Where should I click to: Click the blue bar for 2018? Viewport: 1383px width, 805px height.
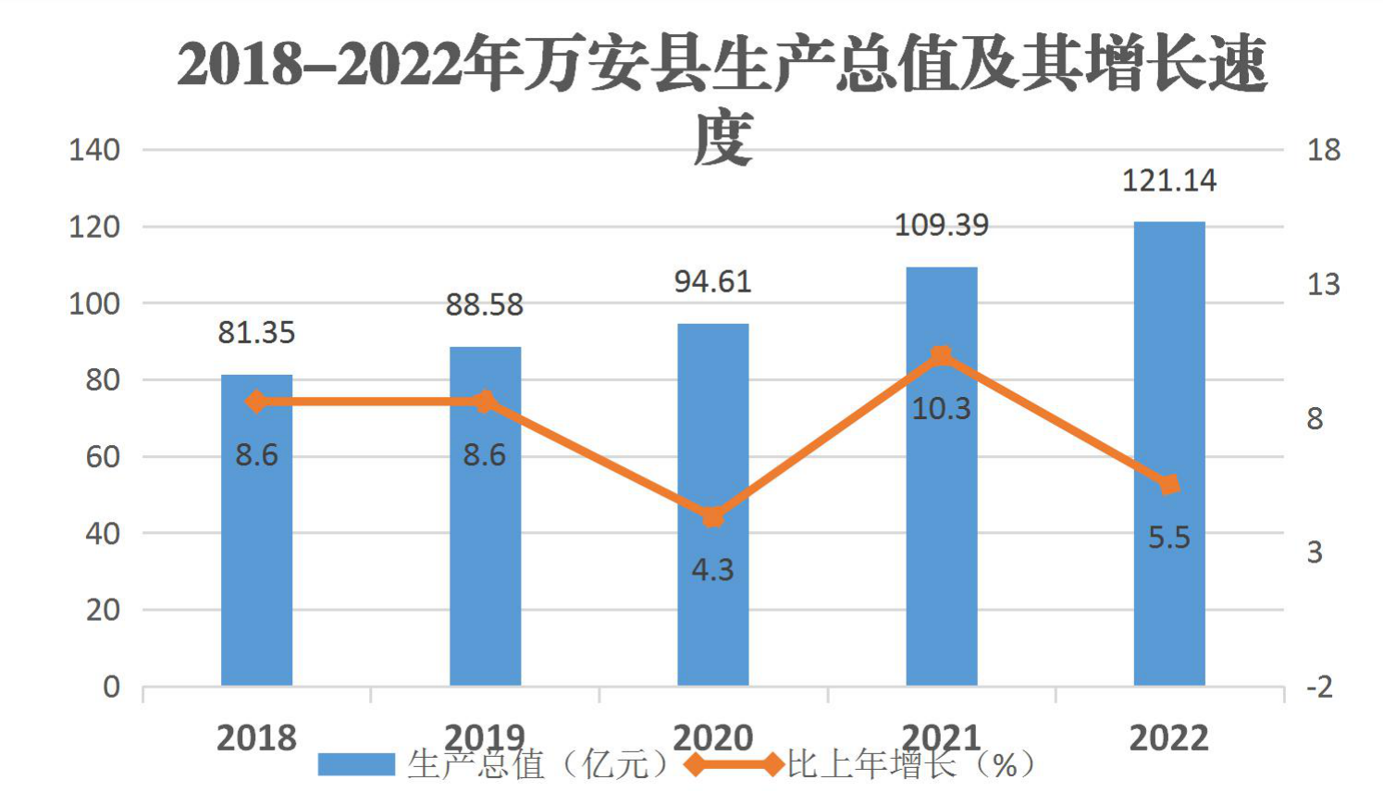[257, 529]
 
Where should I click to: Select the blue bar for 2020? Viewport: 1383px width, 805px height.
[713, 504]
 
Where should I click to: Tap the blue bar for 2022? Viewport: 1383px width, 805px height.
[1169, 453]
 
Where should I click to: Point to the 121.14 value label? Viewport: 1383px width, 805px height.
[1169, 180]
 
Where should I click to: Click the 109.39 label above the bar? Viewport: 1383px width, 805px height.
[942, 225]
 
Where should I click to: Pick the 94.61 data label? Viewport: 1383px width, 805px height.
[713, 282]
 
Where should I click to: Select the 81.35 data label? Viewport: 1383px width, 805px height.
[257, 333]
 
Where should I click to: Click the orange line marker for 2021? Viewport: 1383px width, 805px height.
[942, 356]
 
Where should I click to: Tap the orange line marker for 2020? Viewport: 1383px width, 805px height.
[713, 516]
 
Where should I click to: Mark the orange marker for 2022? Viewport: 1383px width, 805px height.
[1169, 485]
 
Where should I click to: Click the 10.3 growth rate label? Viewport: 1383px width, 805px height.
[942, 409]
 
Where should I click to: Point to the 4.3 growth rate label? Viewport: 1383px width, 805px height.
[713, 570]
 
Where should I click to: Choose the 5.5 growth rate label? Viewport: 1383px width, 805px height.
[1169, 538]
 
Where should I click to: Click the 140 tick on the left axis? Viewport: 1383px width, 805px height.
[94, 150]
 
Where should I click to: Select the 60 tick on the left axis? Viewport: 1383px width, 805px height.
[103, 457]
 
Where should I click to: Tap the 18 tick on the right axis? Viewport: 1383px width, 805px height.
[1324, 150]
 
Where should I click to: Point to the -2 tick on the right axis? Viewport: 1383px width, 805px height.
[1320, 687]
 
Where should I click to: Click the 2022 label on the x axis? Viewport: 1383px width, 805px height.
[1169, 738]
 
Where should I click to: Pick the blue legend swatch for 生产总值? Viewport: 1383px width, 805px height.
[356, 764]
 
